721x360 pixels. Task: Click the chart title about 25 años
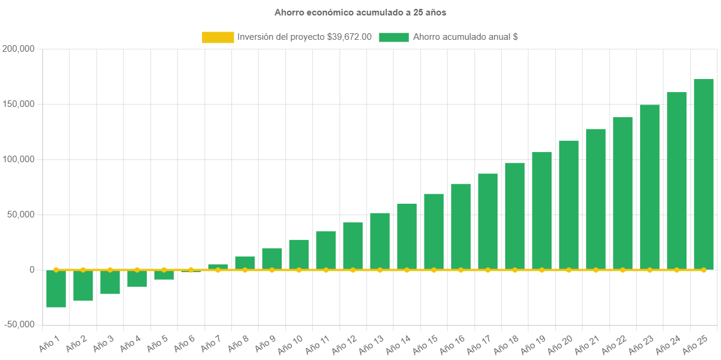(360, 12)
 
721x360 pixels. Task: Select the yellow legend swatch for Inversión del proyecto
(218, 37)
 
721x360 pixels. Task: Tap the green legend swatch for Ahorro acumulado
(393, 37)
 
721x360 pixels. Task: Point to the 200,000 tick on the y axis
(18, 49)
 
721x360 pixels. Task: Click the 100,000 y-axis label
(18, 159)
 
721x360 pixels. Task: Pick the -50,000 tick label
(18, 324)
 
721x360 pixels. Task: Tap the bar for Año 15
(434, 232)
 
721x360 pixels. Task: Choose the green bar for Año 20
(569, 205)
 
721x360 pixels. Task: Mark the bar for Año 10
(299, 254)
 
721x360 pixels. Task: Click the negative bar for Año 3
(110, 282)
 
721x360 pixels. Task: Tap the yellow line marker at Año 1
(56, 270)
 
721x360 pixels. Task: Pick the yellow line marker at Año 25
(704, 270)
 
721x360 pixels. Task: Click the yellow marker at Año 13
(380, 270)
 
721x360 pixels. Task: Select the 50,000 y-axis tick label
(21, 214)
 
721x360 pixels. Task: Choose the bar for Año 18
(515, 216)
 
